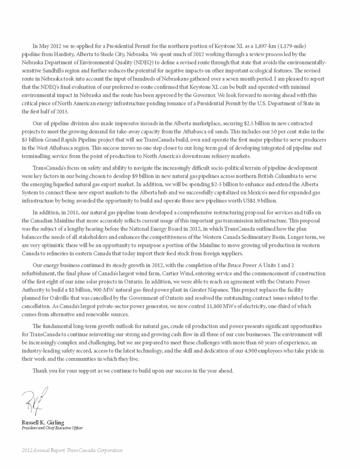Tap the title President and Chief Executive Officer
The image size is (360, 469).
click(52, 427)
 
